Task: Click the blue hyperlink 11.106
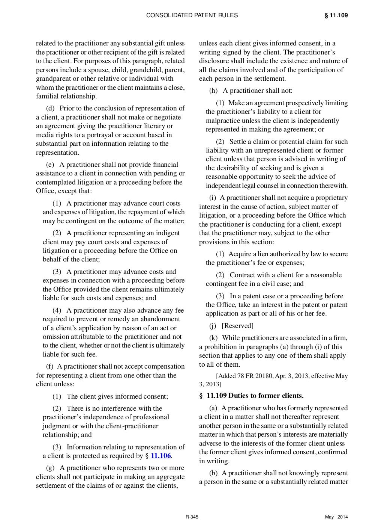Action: click(x=160, y=456)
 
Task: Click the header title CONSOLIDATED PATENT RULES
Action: click(x=192, y=15)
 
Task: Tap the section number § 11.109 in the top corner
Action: click(x=336, y=15)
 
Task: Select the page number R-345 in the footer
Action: click(x=192, y=517)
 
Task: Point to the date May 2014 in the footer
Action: click(x=336, y=517)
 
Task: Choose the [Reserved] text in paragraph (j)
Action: click(x=237, y=326)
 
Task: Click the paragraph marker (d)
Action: click(x=50, y=108)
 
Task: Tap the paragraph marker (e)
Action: click(x=50, y=165)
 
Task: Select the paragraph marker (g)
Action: click(x=50, y=468)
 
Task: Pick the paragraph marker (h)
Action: click(x=213, y=91)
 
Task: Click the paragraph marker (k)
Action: click(x=213, y=338)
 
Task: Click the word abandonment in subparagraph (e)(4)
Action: click(x=161, y=319)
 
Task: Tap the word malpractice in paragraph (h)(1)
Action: click(x=222, y=121)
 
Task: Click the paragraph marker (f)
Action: click(x=49, y=366)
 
